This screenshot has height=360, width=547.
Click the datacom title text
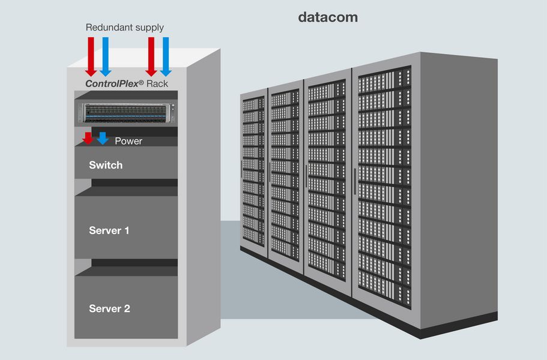click(x=328, y=17)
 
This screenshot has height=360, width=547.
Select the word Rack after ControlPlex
click(x=157, y=84)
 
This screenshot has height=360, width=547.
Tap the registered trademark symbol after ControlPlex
click(x=141, y=82)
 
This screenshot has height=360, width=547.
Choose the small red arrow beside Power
click(x=88, y=138)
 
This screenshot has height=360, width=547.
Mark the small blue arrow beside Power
click(x=103, y=138)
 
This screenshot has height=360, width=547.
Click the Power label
click(x=128, y=142)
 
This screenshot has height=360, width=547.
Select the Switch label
click(x=106, y=165)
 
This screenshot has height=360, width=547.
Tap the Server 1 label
click(x=109, y=230)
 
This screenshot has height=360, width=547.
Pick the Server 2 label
click(x=109, y=309)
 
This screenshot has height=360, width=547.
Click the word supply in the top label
click(x=148, y=28)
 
